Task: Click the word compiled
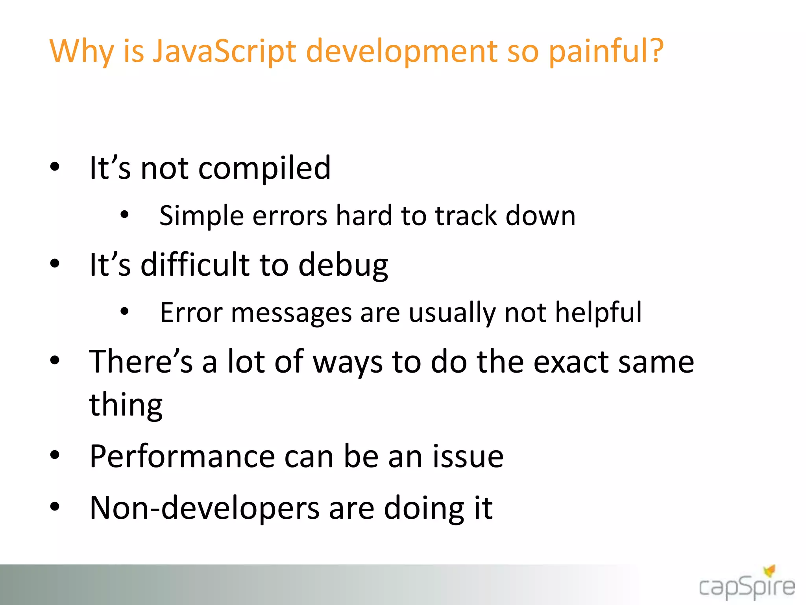tap(264, 169)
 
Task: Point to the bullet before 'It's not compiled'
tap(55, 167)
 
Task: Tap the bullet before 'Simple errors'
tap(124, 215)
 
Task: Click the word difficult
tap(195, 265)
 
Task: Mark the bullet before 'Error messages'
tap(124, 312)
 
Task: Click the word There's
tap(141, 362)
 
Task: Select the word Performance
tap(182, 456)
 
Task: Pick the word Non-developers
tap(205, 508)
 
